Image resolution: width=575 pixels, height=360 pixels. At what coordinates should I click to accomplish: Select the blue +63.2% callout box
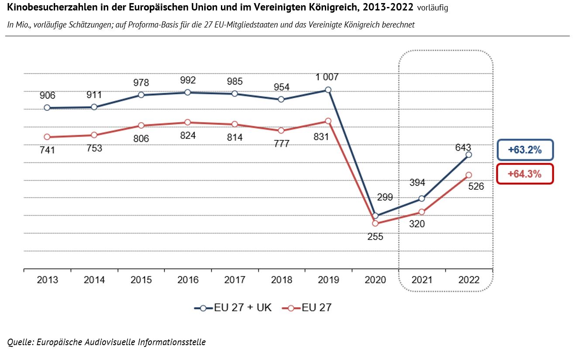pos(524,150)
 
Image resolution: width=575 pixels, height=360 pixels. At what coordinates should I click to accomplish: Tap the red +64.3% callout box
pos(524,174)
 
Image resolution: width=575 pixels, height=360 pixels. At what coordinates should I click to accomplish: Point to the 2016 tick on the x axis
pos(188,280)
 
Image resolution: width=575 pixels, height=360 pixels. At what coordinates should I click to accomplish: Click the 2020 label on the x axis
pos(375,280)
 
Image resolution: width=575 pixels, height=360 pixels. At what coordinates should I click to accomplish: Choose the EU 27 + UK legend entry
pos(233,308)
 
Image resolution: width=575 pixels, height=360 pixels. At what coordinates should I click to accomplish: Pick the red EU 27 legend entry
pos(307,308)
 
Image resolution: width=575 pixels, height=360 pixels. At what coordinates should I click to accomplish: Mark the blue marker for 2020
pos(375,216)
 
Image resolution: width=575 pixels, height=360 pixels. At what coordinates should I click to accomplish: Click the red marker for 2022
pos(469,175)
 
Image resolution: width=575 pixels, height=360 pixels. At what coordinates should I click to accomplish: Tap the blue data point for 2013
pos(47,108)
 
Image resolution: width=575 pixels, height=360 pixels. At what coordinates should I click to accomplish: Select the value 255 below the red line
pos(375,237)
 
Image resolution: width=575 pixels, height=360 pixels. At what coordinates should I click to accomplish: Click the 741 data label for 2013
pos(47,151)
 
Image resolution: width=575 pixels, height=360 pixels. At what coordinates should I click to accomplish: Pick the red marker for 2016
pos(188,122)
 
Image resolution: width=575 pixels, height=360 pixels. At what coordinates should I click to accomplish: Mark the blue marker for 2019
pos(328,90)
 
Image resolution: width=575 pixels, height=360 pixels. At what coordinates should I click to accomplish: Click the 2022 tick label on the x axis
pos(469,280)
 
